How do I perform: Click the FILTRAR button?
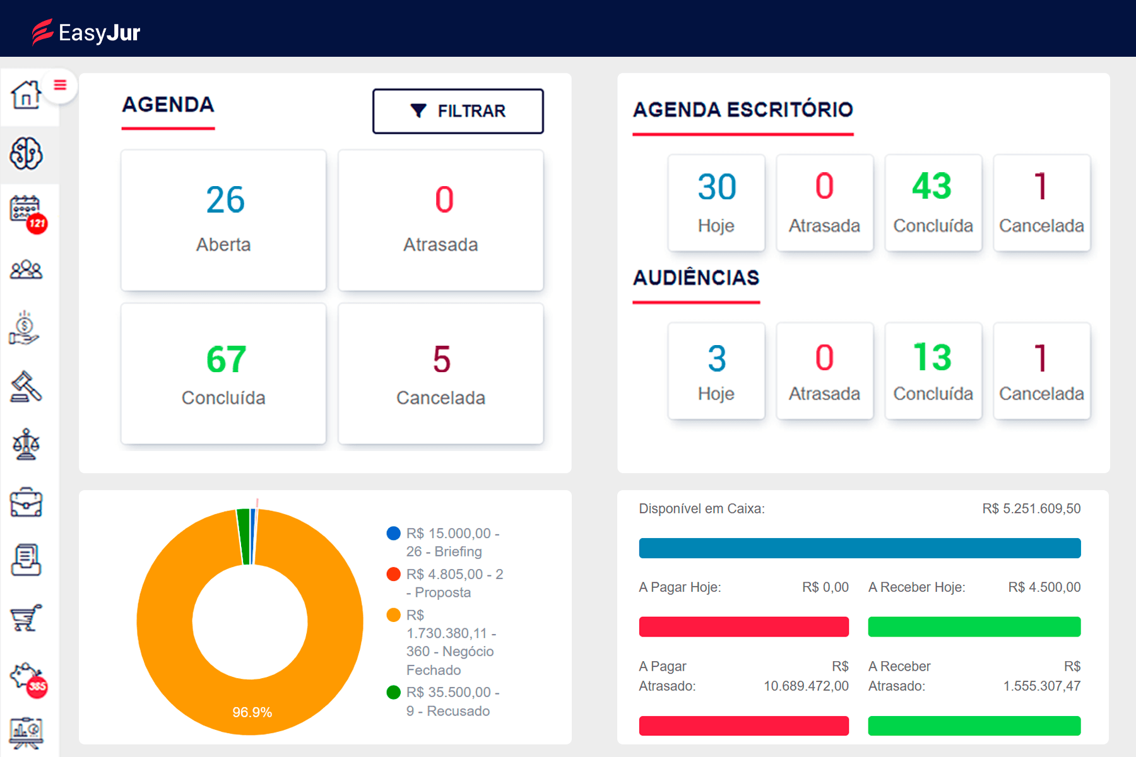pos(458,111)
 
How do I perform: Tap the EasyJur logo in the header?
pos(86,32)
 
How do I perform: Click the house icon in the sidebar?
pos(26,95)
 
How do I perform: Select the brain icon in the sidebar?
pos(26,153)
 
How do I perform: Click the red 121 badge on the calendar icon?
pos(37,223)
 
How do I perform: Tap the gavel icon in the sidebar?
pos(26,387)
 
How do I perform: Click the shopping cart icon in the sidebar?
pos(26,618)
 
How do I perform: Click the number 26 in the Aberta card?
pos(225,200)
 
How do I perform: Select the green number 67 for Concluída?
pos(225,360)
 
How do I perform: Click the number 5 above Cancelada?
pos(441,360)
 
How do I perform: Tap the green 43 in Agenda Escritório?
pos(932,187)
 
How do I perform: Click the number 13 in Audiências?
pos(932,358)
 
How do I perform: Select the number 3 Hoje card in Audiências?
pos(716,370)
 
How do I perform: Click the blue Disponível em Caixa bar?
pos(859,548)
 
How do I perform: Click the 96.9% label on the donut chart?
pos(252,712)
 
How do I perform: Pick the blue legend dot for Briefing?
pos(393,534)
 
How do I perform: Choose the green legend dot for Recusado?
pos(393,693)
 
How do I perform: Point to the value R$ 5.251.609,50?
pos(1031,508)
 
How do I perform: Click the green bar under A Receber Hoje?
pos(974,626)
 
